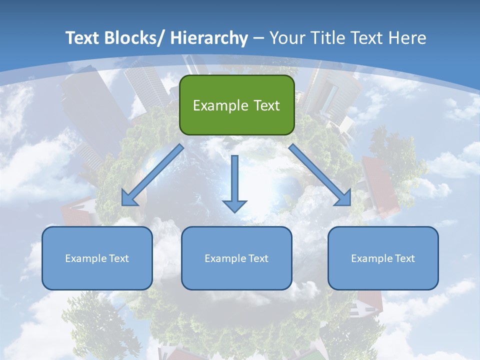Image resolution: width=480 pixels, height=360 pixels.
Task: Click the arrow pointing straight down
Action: pos(234,180)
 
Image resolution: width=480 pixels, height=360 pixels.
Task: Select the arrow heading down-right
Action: pos(320,175)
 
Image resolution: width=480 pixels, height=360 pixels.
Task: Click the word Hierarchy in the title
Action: pos(208,38)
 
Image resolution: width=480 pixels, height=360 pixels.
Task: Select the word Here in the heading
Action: pos(406,38)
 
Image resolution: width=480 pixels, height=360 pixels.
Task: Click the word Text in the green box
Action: pos(266,105)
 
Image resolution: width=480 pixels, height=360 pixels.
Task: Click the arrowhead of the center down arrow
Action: pos(234,205)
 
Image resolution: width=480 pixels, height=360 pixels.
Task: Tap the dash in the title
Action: pos(258,38)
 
